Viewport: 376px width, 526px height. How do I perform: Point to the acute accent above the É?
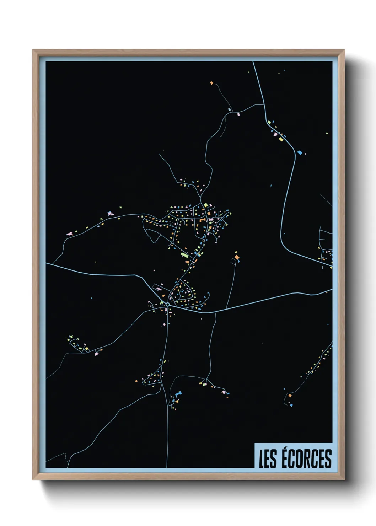point(286,449)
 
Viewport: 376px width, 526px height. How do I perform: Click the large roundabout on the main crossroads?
point(167,304)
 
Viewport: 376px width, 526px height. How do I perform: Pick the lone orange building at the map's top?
point(211,83)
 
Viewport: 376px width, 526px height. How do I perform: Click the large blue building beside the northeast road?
point(300,152)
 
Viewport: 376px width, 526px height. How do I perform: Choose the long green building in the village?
point(184,254)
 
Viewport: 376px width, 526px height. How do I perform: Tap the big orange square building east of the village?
point(237,257)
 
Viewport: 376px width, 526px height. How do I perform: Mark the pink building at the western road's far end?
point(69,234)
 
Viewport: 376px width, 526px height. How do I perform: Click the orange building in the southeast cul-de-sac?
point(290,395)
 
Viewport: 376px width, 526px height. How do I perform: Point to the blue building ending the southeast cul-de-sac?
point(291,405)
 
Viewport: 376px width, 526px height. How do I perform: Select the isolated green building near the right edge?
point(327,133)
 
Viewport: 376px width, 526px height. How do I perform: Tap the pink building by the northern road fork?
point(238,114)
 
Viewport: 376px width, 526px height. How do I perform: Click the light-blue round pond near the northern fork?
point(230,109)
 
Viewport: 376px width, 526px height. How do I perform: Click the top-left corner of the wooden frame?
point(33,50)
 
